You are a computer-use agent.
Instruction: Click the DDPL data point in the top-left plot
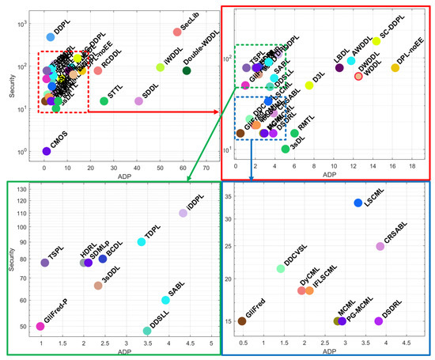(x=51, y=36)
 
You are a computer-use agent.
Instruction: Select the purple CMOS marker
(x=47, y=151)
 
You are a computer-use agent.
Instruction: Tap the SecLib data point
(x=176, y=32)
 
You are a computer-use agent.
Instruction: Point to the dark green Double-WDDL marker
(x=187, y=71)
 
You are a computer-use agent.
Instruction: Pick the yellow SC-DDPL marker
(x=377, y=41)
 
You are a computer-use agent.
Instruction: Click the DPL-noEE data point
(x=395, y=68)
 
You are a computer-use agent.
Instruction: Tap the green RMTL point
(x=294, y=133)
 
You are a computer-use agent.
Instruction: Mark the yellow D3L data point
(x=310, y=85)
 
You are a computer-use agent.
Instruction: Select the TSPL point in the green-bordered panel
(x=45, y=263)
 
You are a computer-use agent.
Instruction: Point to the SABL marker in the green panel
(x=165, y=300)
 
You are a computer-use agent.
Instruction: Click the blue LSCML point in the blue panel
(x=358, y=203)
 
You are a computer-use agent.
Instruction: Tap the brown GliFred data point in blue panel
(x=242, y=321)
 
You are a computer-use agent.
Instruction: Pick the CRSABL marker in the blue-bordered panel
(x=380, y=247)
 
